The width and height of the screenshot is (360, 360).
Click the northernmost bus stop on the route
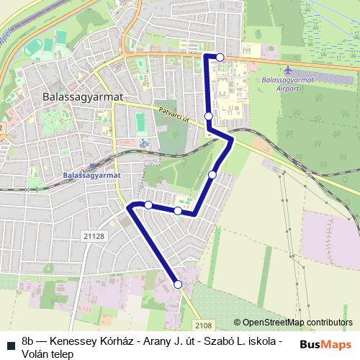pos(220,57)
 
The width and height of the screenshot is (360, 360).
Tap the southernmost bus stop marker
pos(178,285)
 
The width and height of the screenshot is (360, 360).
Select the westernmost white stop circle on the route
pos(148,205)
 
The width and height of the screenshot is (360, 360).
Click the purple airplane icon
pos(289,71)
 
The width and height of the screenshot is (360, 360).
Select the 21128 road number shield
pos(94,235)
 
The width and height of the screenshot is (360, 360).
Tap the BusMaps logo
pos(325,345)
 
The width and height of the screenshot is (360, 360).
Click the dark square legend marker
pos(11,345)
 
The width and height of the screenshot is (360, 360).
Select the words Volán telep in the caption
pos(48,354)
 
